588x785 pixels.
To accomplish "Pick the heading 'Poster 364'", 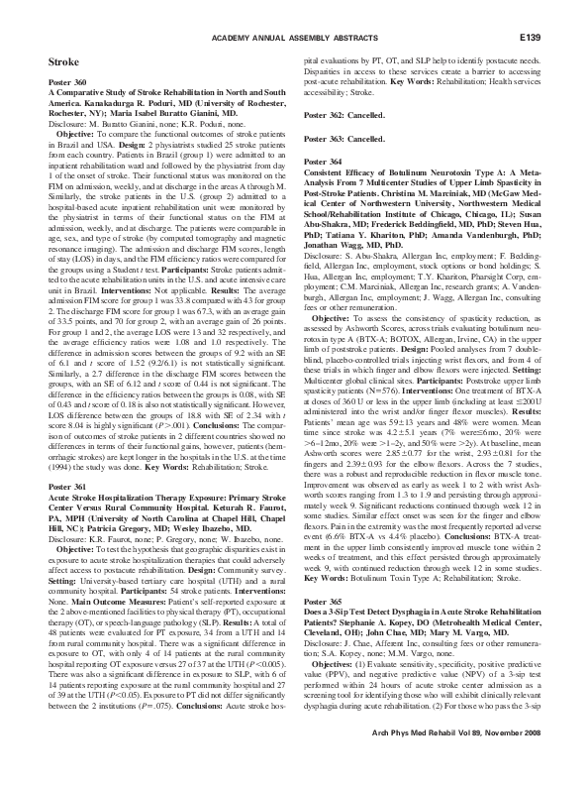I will point(323,162).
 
